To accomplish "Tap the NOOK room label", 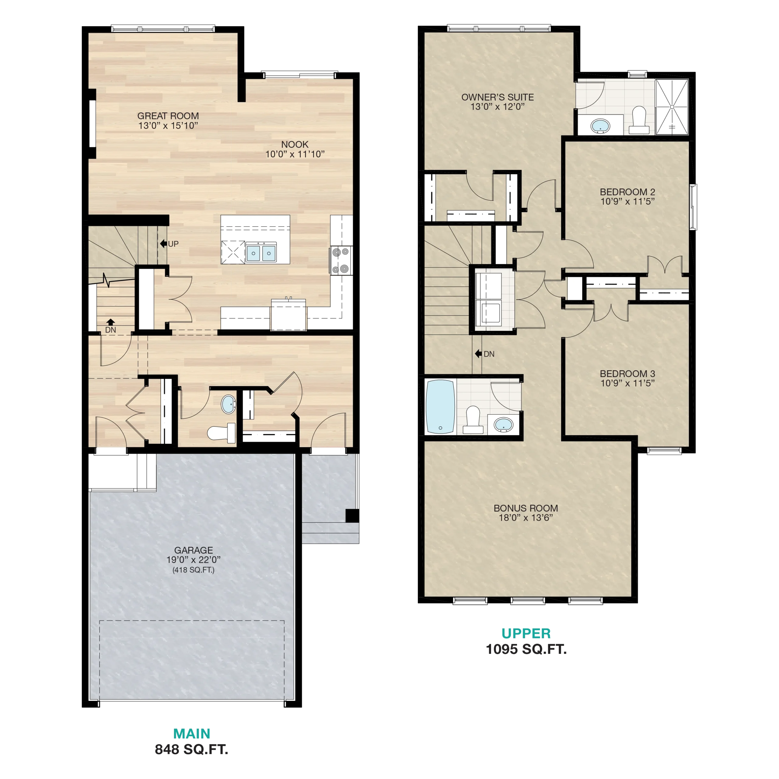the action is pos(295,144).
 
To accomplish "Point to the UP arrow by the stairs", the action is pos(163,243).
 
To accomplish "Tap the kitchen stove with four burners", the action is pos(341,260).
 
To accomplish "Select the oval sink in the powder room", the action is pos(229,404).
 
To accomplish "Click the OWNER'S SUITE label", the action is pos(498,97).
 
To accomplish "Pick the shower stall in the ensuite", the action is pos(672,107).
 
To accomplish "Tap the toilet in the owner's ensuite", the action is pos(639,120).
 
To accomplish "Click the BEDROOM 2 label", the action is pos(627,192).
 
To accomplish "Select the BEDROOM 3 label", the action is pos(627,374).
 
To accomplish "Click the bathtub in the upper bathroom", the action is pos(441,407).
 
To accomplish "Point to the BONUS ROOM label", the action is pos(526,508).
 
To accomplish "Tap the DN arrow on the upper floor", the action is pos(479,354).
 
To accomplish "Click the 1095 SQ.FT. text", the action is pos(526,649).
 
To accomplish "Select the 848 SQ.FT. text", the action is pos(191,749).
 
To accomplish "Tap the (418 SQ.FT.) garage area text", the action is pos(194,570).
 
